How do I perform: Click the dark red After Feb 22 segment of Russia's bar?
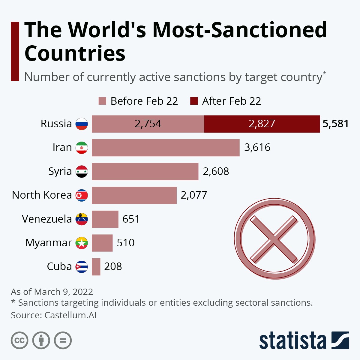(x=262, y=124)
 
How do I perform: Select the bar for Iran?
(x=166, y=148)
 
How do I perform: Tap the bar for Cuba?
(x=96, y=267)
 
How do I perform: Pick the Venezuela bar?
(x=105, y=219)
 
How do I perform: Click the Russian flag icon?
(x=82, y=124)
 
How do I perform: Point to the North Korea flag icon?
(x=82, y=195)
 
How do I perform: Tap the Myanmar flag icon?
(x=82, y=243)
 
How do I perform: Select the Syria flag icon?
(x=82, y=172)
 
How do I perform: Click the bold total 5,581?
(x=335, y=124)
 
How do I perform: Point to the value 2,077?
(x=194, y=195)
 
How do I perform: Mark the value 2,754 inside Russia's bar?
(x=148, y=124)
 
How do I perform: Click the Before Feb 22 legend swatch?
(x=102, y=101)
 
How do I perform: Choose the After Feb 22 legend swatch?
(x=194, y=101)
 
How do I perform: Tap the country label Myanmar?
(x=49, y=243)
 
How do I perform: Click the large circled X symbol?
(x=274, y=239)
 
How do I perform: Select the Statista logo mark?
(x=340, y=340)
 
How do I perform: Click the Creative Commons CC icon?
(x=19, y=340)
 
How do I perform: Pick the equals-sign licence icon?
(x=63, y=340)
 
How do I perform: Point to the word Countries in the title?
(x=75, y=53)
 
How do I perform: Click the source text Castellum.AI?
(x=70, y=315)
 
